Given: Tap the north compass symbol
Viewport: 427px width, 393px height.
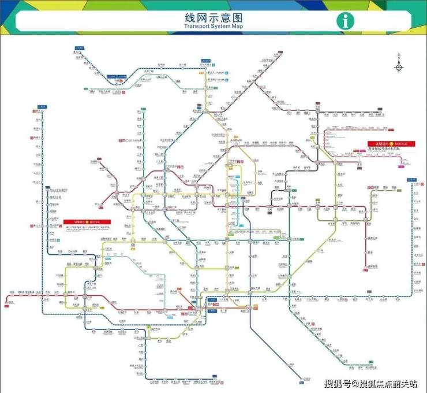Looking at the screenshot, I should tap(399, 67).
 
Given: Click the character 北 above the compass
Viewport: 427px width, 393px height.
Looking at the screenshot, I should tap(399, 56).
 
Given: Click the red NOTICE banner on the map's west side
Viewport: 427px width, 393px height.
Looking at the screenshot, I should tap(84, 221).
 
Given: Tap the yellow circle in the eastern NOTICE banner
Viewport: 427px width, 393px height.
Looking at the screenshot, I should tap(391, 143).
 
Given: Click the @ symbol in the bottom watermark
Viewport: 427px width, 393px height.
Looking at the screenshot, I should tap(351, 383).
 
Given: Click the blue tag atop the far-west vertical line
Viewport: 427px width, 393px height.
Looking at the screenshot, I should tap(41, 107).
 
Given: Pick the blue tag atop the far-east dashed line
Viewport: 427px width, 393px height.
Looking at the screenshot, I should tap(412, 180).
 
